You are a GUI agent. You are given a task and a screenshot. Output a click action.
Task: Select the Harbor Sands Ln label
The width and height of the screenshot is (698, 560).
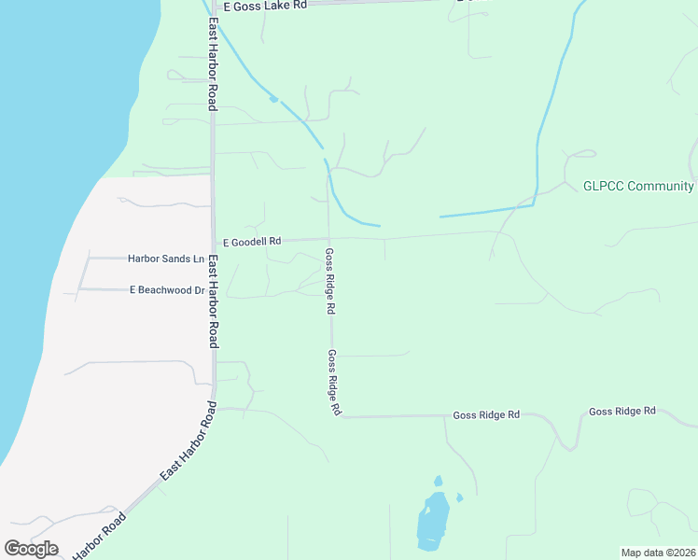[x=166, y=259]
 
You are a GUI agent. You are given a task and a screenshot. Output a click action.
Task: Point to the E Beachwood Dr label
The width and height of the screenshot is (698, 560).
[x=167, y=290]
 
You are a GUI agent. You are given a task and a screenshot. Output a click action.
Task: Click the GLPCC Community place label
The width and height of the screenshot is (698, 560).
[x=639, y=186]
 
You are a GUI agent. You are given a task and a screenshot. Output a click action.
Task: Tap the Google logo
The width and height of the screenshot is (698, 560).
[x=31, y=548]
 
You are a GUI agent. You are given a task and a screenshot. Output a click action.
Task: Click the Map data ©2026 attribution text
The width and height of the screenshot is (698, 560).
[x=658, y=553]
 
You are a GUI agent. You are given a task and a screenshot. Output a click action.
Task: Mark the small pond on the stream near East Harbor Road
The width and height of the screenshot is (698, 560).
[x=273, y=98]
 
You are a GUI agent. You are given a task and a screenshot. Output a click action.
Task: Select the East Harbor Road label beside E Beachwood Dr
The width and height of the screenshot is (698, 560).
[x=213, y=301]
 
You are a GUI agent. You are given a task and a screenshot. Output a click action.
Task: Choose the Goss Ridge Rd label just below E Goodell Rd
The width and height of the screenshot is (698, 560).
[x=329, y=280]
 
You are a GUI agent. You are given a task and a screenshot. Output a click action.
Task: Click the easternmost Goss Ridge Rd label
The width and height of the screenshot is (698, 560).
[x=622, y=411]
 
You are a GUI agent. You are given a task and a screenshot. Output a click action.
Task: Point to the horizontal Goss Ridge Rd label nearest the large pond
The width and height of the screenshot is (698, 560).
[x=485, y=414]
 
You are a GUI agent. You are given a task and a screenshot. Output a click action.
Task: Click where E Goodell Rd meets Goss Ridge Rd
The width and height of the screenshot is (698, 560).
[x=328, y=239]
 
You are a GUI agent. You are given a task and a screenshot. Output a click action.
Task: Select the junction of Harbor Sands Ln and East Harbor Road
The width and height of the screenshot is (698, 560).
[x=213, y=259]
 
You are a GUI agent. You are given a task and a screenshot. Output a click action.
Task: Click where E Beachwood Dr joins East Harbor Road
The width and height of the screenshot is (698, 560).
[x=213, y=290]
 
